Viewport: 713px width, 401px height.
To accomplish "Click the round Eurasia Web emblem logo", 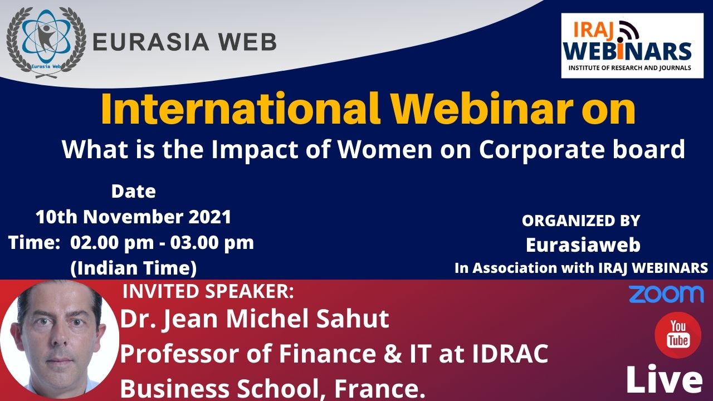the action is (x=46, y=43).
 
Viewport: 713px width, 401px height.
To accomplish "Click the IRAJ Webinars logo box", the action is (x=632, y=46).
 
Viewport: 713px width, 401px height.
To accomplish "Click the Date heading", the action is (x=133, y=192).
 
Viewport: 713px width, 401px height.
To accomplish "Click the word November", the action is (x=133, y=217).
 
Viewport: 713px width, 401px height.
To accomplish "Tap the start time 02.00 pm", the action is (x=112, y=243).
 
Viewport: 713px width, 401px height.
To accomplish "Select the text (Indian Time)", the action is (x=133, y=268).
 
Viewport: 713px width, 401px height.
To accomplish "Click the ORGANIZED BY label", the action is (x=581, y=221).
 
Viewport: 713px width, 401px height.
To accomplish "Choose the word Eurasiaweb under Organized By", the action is (x=583, y=244).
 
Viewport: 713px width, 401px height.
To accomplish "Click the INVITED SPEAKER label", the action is (x=208, y=291).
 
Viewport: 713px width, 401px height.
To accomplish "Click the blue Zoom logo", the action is (x=666, y=294).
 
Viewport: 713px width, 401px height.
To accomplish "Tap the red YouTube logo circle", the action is (x=678, y=335).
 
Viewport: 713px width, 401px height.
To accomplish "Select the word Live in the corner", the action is (x=665, y=379).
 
